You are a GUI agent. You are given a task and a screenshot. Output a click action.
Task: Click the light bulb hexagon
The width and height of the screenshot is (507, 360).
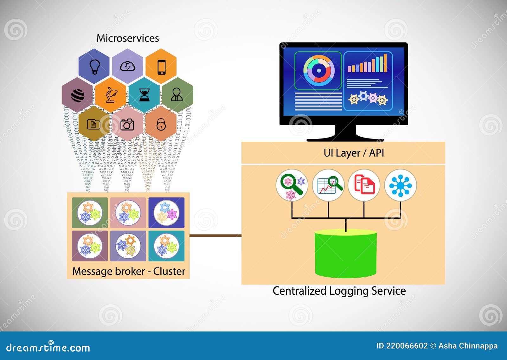point(94,66)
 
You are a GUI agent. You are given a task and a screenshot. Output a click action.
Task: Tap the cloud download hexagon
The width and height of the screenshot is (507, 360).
point(128,66)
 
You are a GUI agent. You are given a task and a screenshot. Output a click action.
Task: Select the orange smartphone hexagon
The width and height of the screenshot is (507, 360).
point(161,67)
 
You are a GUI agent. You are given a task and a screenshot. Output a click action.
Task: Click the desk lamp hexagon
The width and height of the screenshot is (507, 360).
point(111,95)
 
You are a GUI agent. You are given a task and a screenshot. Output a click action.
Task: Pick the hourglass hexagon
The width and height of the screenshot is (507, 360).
point(144,95)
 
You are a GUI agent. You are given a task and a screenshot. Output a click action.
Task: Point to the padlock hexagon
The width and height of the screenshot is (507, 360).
point(161,124)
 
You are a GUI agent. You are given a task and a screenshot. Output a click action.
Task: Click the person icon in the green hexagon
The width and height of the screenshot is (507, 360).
point(177,94)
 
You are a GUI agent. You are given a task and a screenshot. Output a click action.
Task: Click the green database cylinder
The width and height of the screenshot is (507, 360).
point(346,254)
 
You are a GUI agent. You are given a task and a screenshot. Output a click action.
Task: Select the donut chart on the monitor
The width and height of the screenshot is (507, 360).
point(318,71)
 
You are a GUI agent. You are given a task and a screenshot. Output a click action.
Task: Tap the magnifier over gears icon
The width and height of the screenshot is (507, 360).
point(292,185)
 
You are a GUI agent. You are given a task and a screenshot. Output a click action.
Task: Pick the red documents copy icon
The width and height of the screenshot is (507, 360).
point(364,185)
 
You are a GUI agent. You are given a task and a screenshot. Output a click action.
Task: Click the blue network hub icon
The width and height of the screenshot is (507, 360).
point(401,185)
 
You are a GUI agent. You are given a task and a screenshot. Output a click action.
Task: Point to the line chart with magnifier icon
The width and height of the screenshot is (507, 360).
point(328,185)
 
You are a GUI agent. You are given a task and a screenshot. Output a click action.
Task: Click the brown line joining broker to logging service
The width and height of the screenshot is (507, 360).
point(215,235)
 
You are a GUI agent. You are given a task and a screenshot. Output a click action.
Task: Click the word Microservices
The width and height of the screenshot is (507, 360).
point(128,38)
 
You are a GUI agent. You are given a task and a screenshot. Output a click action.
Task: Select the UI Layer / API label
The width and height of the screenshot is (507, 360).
point(354,153)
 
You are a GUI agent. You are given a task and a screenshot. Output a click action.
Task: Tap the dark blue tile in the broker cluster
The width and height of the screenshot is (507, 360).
point(166,213)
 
